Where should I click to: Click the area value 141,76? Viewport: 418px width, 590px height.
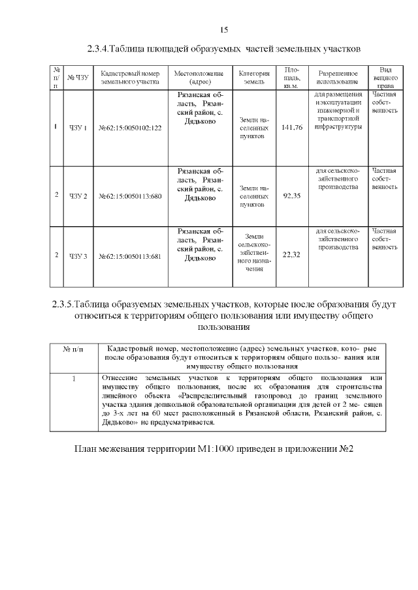coord(291,127)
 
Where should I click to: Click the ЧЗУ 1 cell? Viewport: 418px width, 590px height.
coord(78,128)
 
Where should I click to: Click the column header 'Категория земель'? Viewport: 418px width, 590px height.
coord(254,78)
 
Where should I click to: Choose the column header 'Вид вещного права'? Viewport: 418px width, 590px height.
coord(385,78)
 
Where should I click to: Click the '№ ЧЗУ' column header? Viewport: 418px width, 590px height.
coord(78,78)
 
